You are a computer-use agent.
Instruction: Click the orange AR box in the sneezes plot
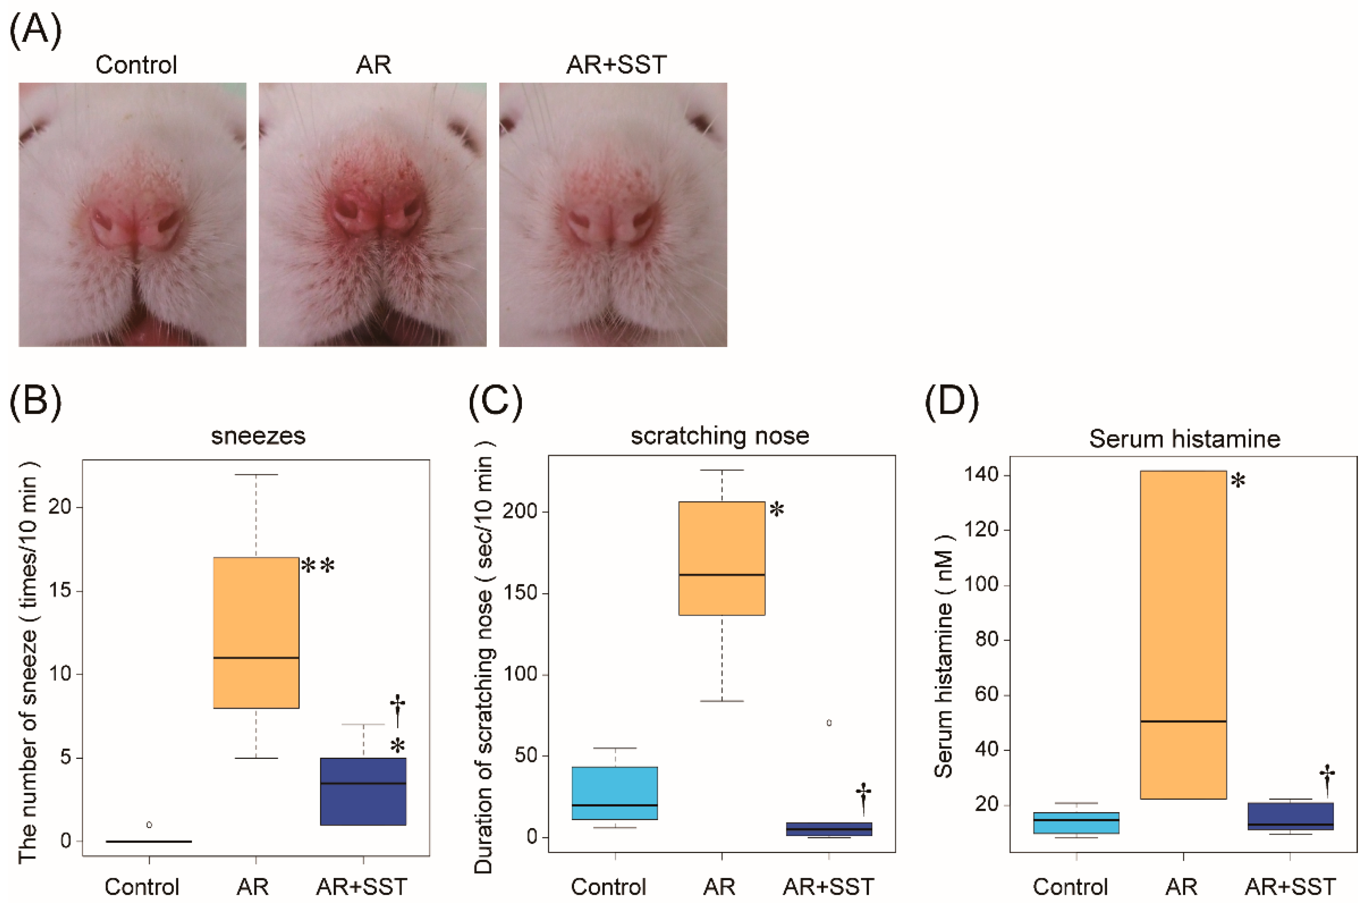[x=256, y=632]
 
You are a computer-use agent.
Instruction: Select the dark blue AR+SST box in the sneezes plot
[x=363, y=791]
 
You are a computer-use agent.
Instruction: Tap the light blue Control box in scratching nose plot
[x=614, y=793]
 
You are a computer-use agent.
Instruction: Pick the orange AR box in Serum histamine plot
[x=1183, y=635]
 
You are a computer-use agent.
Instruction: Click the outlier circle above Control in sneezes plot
[x=150, y=824]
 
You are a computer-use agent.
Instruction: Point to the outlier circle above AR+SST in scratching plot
[x=829, y=723]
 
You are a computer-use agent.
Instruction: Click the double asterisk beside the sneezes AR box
[x=318, y=566]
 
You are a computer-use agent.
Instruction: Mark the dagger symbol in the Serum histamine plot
[x=1327, y=780]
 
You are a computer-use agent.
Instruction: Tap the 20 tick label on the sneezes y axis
[x=60, y=507]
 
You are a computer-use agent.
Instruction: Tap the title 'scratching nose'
[x=720, y=436]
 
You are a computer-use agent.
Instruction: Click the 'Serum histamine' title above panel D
[x=1184, y=439]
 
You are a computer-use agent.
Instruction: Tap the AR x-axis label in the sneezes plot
[x=253, y=887]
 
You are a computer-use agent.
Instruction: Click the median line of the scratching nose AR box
[x=722, y=574]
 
